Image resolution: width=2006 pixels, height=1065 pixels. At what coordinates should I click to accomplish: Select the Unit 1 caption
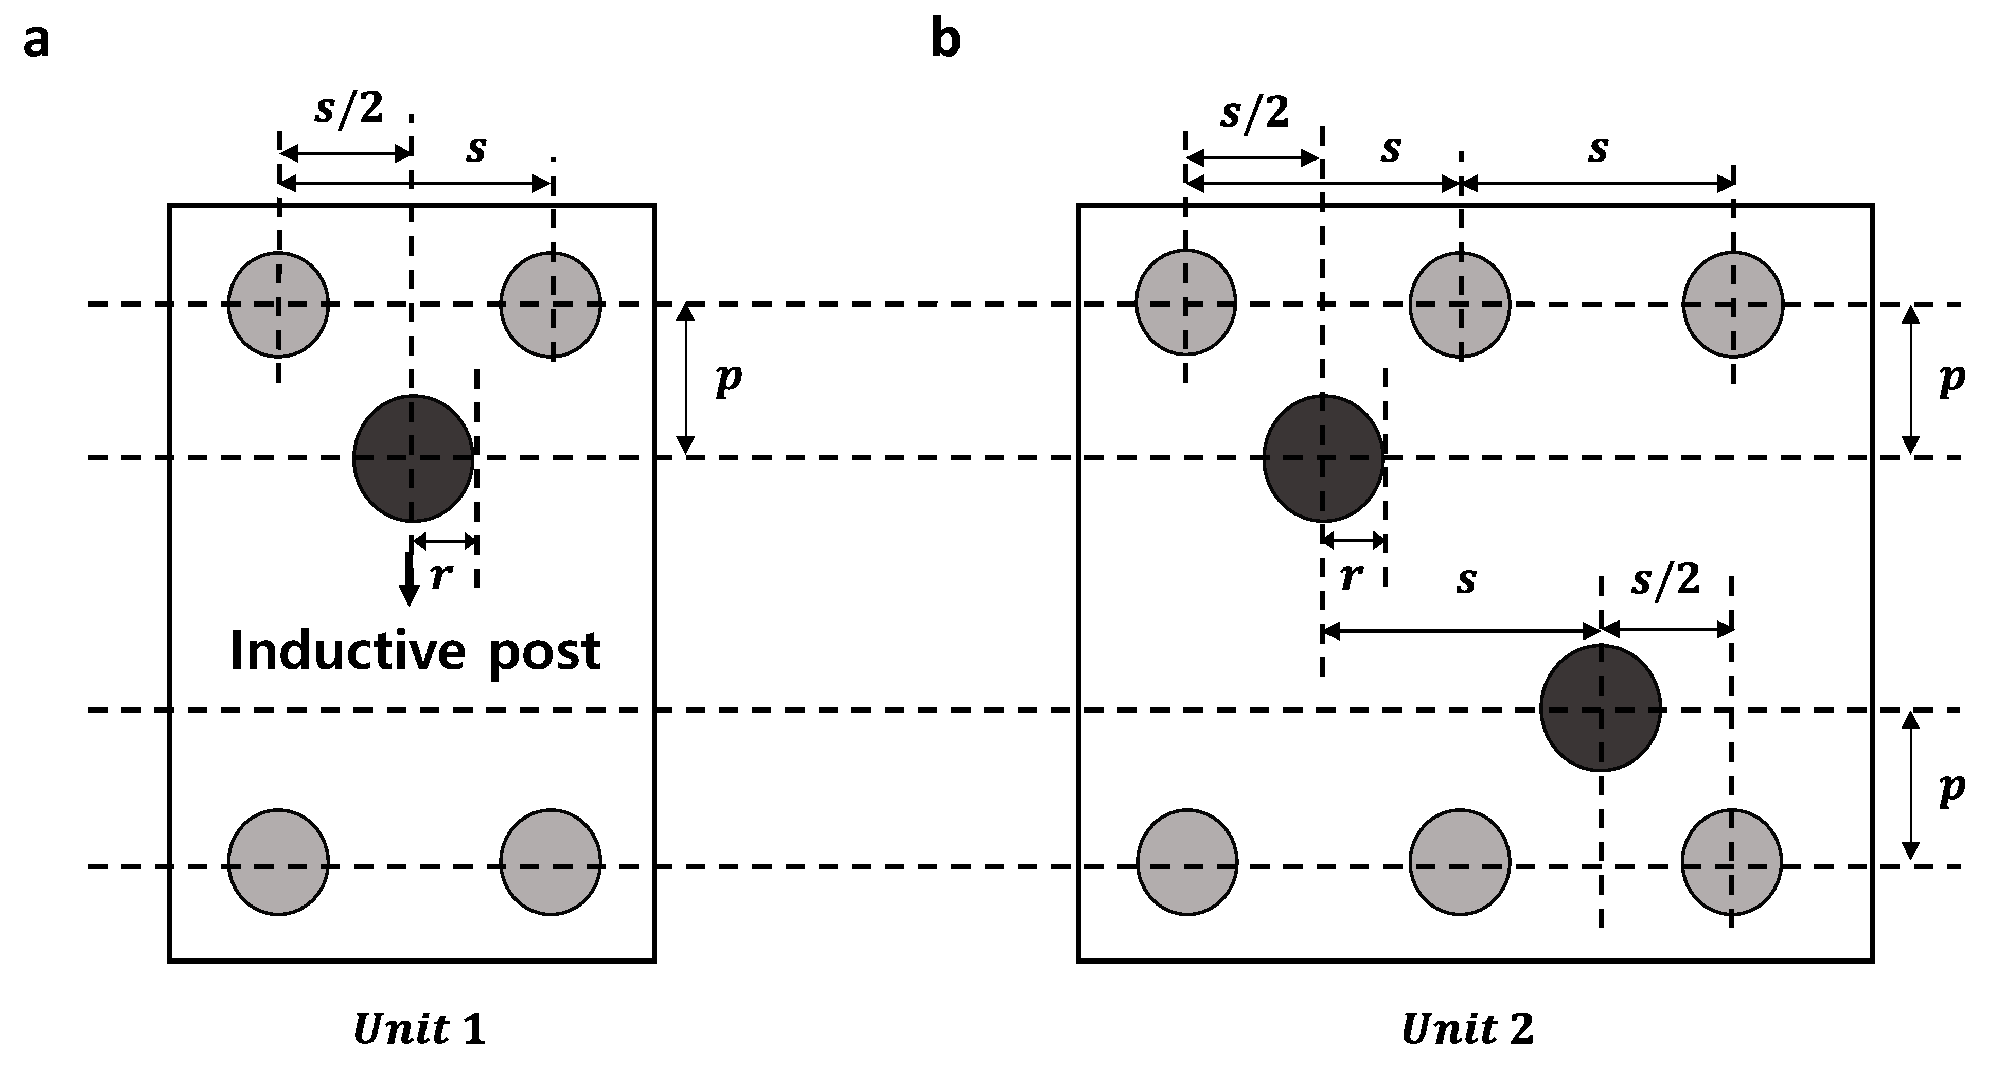point(419,1029)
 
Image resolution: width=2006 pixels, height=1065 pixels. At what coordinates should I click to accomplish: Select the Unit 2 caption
point(1467,1029)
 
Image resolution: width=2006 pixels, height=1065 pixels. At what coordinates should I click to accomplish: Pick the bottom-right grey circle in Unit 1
point(550,862)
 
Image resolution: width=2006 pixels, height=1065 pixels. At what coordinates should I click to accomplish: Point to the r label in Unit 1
point(441,576)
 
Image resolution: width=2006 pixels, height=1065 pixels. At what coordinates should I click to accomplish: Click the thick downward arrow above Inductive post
point(407,579)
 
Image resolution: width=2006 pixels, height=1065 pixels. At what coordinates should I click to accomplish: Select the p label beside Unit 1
point(728,379)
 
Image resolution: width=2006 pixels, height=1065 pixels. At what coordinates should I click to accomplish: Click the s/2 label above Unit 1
point(349,109)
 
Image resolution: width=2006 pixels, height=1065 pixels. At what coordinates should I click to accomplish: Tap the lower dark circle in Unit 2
point(1600,707)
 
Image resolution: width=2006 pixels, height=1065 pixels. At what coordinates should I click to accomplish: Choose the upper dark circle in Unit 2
point(1322,458)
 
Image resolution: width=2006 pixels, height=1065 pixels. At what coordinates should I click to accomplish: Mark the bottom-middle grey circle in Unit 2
point(1459,862)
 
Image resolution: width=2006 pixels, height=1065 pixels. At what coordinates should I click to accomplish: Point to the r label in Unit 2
point(1351,576)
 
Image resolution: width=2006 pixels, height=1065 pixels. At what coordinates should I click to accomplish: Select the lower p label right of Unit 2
point(1951,789)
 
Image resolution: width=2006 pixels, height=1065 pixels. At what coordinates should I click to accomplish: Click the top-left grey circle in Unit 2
point(1185,302)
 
